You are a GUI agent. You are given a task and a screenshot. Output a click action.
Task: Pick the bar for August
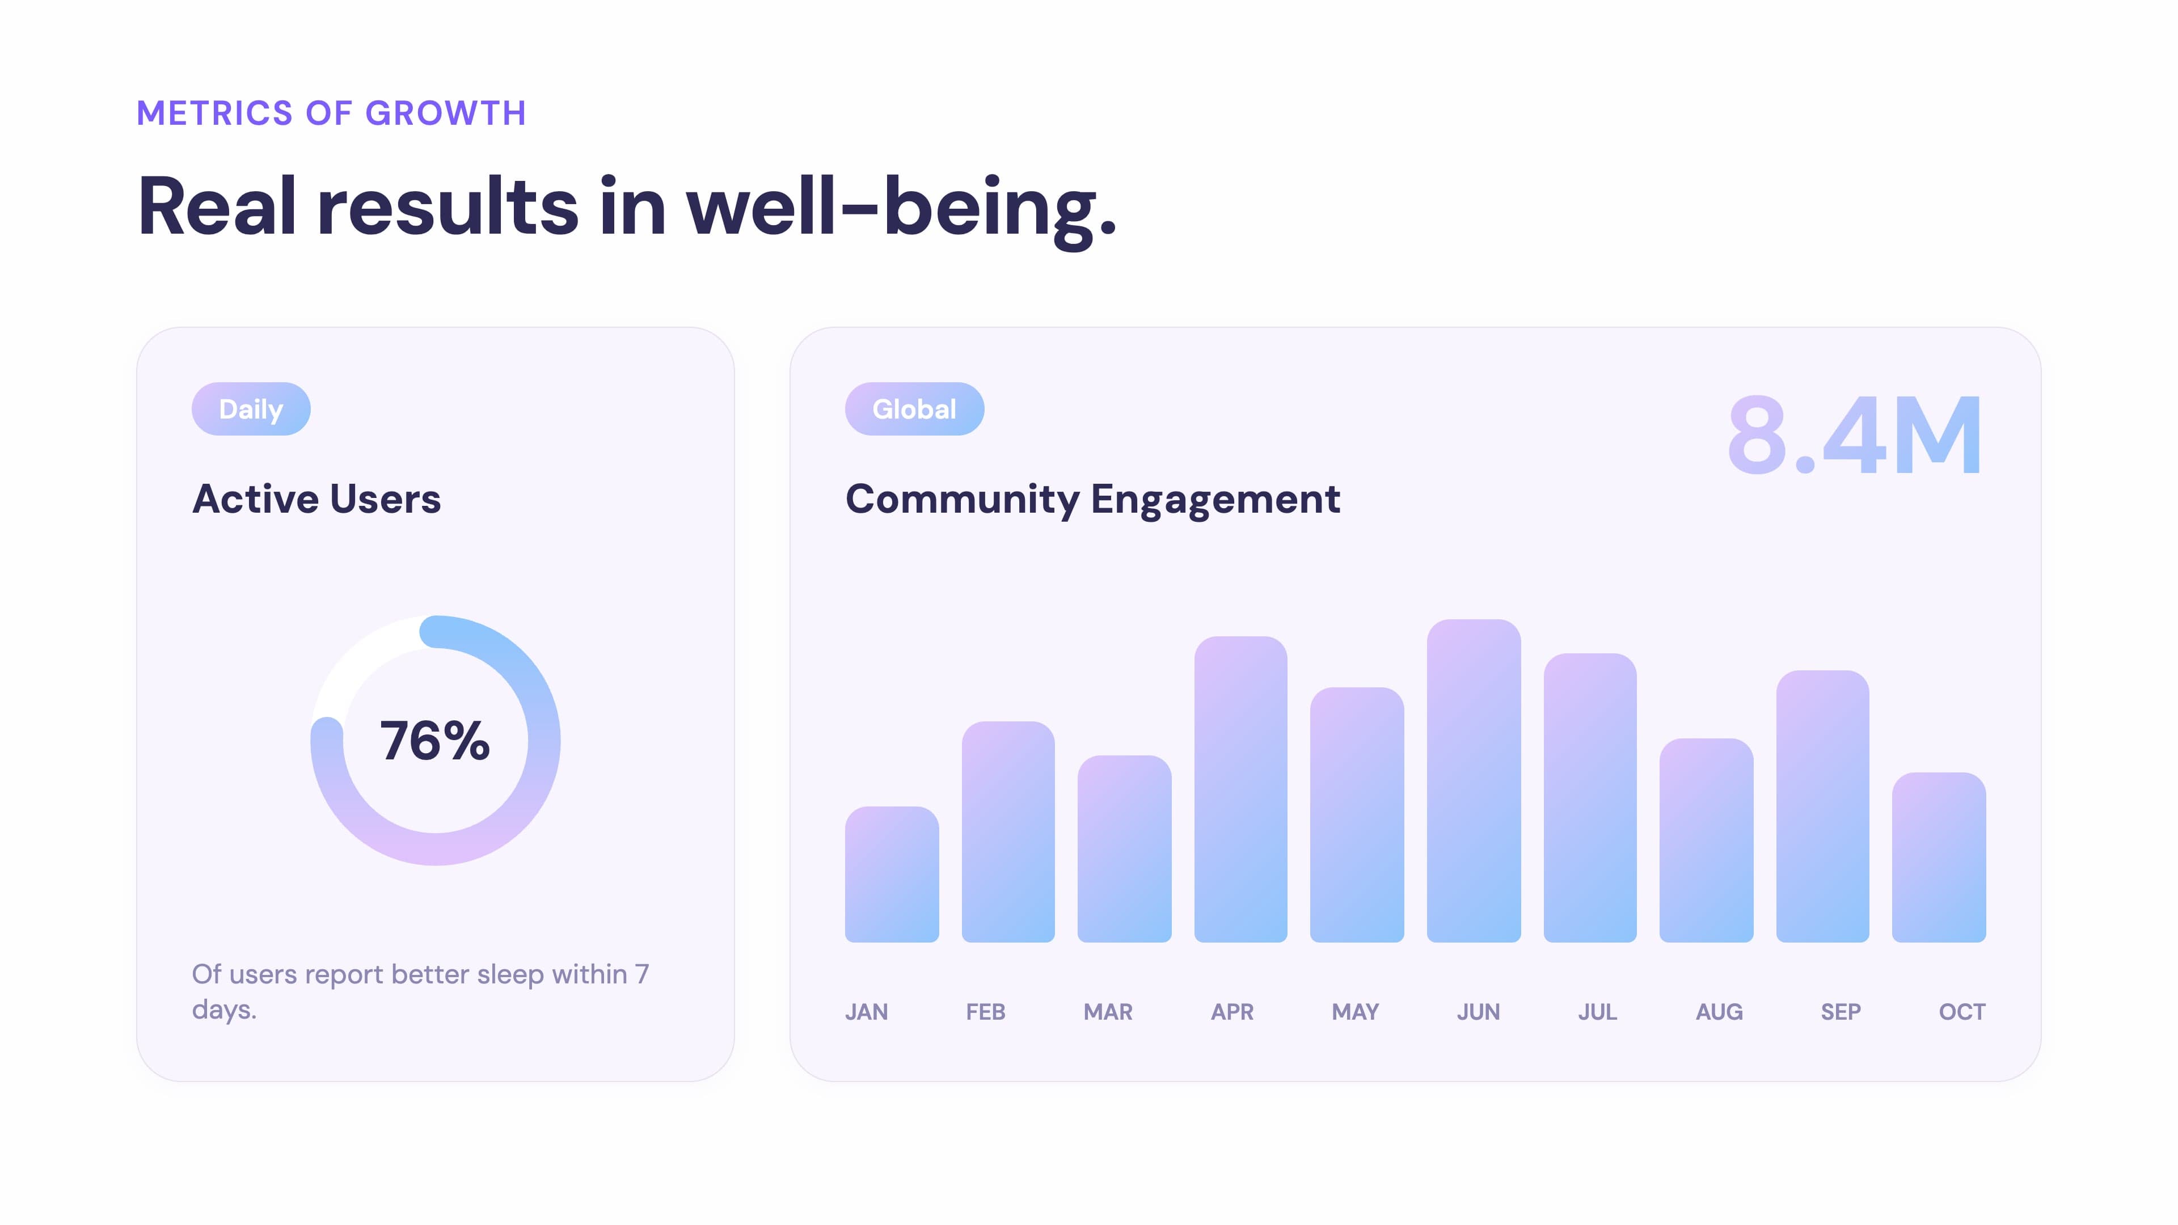[x=1706, y=840]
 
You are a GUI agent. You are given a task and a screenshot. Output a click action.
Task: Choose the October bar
[x=1938, y=857]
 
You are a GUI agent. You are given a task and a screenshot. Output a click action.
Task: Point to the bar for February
[x=1008, y=832]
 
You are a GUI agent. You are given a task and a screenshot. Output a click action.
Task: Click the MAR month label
[x=1108, y=1012]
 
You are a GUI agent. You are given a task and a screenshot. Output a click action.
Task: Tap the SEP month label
[x=1841, y=1012]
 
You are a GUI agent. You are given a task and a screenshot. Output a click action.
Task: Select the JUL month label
[x=1597, y=1012]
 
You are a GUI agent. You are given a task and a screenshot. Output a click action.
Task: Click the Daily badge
[x=251, y=409]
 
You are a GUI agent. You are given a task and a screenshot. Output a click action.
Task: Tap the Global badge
[x=914, y=409]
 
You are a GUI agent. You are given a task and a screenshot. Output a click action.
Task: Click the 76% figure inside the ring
[x=434, y=741]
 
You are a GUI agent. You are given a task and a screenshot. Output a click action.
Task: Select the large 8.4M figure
[x=1854, y=436]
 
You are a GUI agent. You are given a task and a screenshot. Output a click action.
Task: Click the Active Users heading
[x=316, y=499]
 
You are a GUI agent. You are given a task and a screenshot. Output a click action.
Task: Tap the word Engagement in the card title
[x=1215, y=500]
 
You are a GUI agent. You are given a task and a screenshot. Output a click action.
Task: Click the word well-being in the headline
[x=901, y=206]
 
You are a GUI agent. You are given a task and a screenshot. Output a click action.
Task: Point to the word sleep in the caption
[x=510, y=974]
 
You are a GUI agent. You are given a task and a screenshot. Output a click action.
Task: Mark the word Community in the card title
[x=962, y=500]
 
